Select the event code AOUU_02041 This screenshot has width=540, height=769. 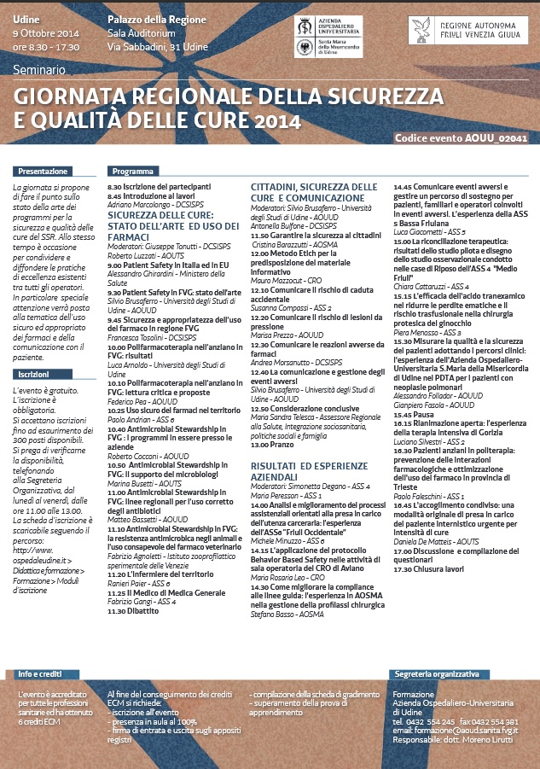point(461,137)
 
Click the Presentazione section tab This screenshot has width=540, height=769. point(44,171)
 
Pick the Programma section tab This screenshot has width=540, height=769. point(132,171)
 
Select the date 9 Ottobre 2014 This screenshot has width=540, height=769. point(45,32)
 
